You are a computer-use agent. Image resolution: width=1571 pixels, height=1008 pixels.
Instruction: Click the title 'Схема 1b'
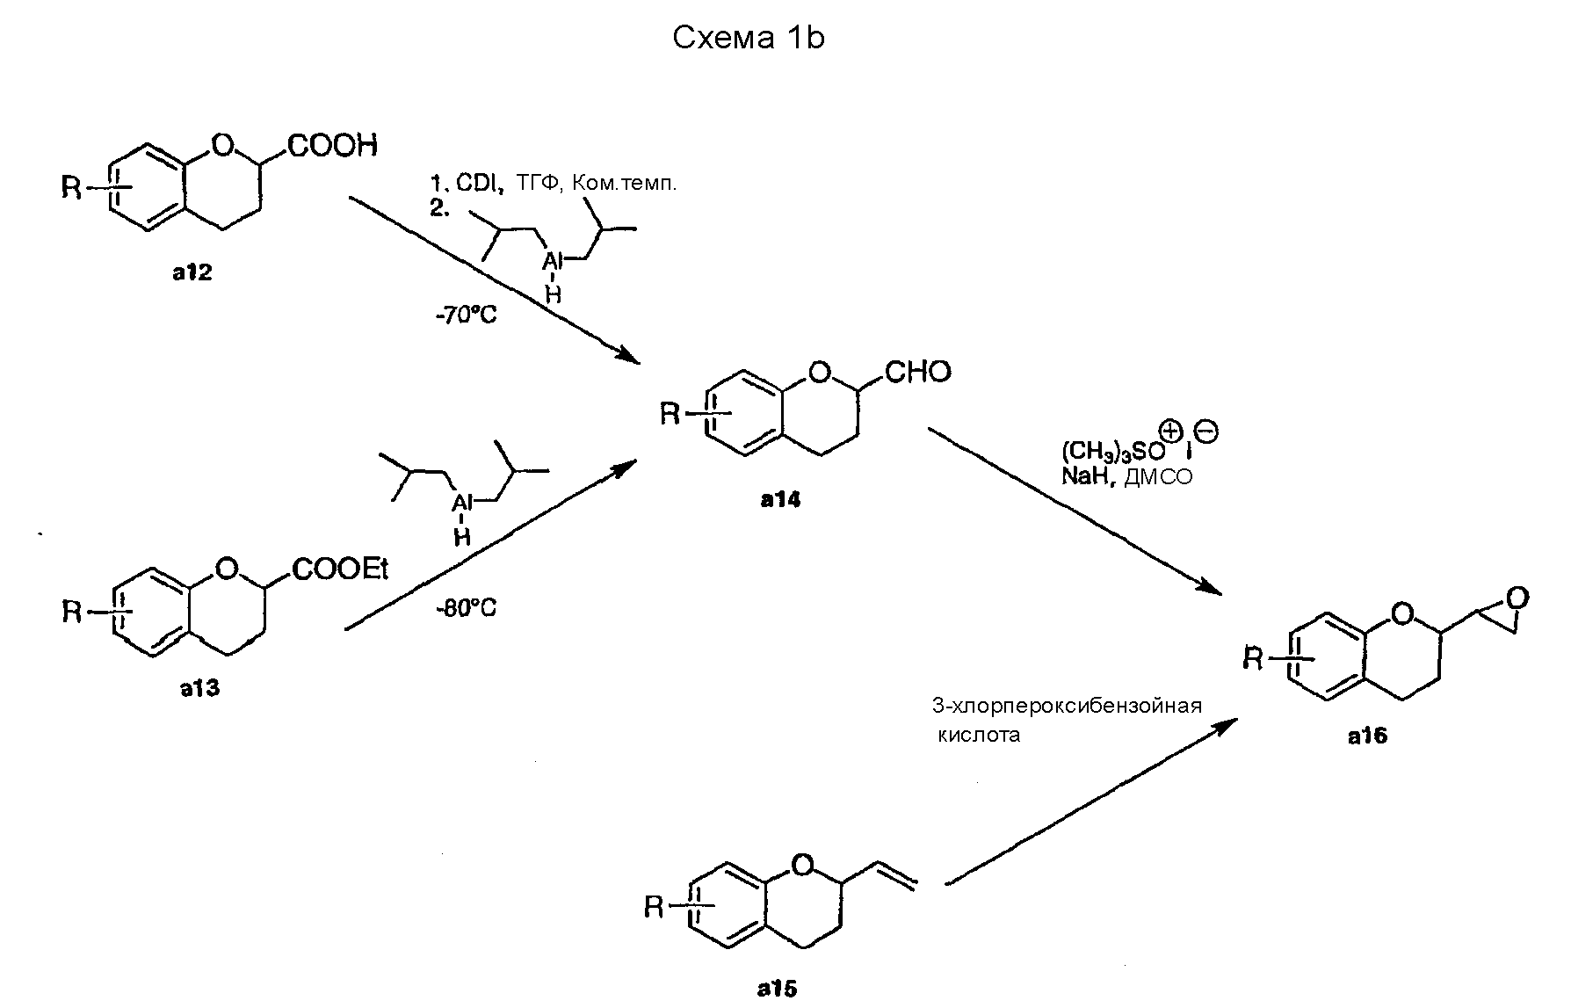coord(749,39)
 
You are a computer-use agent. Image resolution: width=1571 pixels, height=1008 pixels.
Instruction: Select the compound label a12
coord(192,273)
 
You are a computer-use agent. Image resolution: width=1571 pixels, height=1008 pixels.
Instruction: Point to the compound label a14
coord(780,501)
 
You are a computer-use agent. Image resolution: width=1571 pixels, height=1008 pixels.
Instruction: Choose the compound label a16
coord(1367,736)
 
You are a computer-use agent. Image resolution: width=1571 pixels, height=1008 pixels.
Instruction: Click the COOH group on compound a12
coord(332,145)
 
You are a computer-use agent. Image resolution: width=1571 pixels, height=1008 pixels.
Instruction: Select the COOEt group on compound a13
coord(340,570)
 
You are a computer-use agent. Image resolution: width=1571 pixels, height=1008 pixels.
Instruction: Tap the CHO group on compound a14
coord(917,372)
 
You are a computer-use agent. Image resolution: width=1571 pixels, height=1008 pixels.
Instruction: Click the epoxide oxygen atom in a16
coord(1517,598)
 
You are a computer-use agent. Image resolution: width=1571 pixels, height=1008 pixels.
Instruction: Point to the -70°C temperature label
coord(466,315)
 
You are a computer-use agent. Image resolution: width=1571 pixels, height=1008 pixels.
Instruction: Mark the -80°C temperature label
coord(466,608)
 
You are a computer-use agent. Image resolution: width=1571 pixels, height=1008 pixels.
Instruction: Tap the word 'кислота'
coord(979,735)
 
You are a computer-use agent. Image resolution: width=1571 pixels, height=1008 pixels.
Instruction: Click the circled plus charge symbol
coord(1172,432)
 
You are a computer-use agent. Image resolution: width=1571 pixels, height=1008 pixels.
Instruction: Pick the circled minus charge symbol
coord(1206,432)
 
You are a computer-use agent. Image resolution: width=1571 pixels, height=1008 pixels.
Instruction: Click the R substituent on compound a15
coord(654,907)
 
